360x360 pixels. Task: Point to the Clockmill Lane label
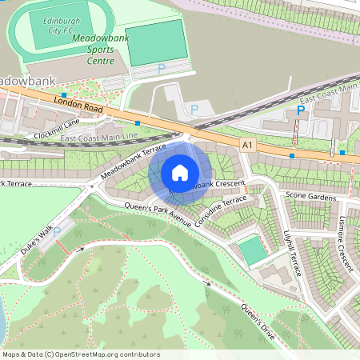coord(57,130)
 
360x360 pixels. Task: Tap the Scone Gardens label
coord(311,197)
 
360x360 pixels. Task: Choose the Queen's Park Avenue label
coord(157,214)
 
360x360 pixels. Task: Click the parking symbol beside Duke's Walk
coord(57,231)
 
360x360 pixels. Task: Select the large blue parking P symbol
coord(301,110)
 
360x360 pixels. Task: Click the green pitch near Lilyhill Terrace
coord(253,250)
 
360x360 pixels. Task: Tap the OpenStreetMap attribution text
coord(81,354)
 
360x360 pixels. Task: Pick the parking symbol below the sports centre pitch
coord(161,69)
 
